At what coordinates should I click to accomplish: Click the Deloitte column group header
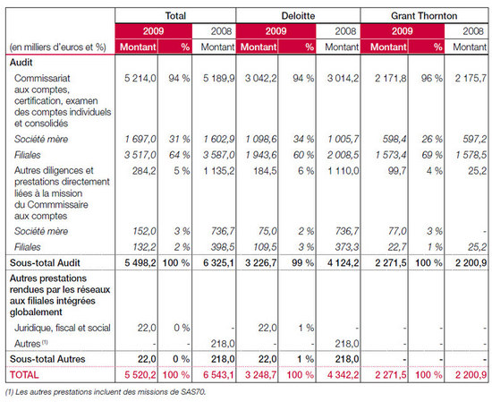298,16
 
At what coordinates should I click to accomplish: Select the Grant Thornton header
424,16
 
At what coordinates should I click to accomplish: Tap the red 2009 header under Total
154,31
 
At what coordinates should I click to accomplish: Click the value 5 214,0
140,78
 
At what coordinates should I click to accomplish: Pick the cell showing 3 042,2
260,78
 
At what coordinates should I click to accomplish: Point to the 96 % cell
432,78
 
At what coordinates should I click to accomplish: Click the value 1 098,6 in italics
261,139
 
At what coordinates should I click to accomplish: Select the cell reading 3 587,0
218,155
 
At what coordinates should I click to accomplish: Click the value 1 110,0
344,171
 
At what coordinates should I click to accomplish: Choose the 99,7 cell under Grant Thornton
396,171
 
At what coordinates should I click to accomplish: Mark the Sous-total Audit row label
45,263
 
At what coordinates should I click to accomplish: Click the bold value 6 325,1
218,263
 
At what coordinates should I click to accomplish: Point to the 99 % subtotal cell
302,263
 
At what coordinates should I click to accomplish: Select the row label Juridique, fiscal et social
63,328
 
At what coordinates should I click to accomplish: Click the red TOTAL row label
24,374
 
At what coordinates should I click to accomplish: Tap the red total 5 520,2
140,374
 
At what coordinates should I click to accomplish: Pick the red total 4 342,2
344,374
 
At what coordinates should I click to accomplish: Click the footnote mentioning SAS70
106,392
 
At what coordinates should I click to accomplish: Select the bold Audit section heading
21,62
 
